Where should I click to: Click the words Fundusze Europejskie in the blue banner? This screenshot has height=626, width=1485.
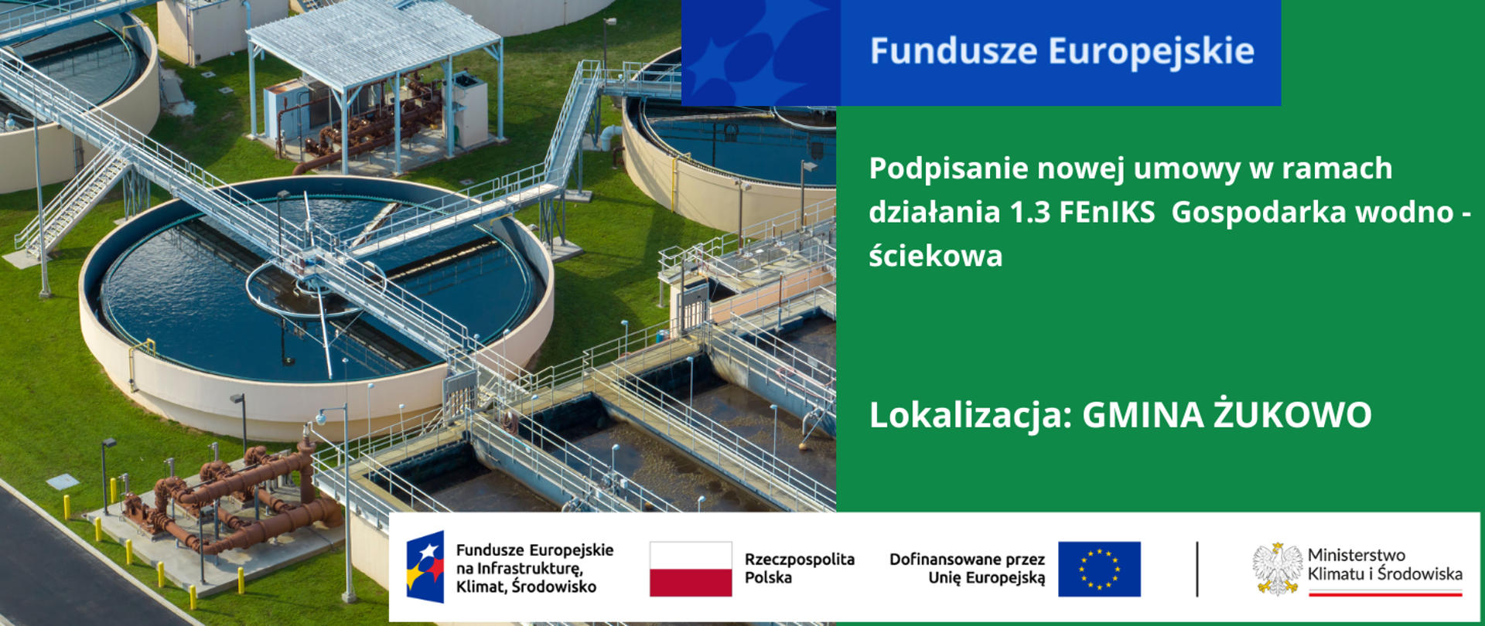click(1061, 51)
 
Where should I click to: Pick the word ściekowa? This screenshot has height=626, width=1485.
click(935, 256)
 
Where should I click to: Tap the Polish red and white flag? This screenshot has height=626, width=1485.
click(690, 569)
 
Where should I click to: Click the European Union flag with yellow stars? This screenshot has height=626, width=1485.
click(1099, 569)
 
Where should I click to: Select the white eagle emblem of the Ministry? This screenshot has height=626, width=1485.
click(1277, 569)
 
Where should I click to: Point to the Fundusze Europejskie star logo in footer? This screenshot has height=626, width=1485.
click(425, 567)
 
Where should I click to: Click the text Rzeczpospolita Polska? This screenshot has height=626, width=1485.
click(799, 568)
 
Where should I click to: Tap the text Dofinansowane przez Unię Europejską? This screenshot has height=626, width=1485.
click(967, 568)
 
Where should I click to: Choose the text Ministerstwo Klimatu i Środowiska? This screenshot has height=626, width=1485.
click(1384, 565)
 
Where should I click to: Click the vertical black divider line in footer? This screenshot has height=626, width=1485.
click(1197, 569)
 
